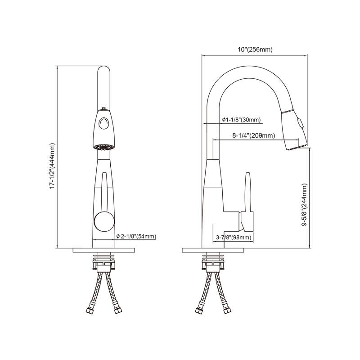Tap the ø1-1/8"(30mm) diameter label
pyautogui.click(x=241, y=120)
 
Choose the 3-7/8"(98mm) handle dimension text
pyautogui.click(x=233, y=237)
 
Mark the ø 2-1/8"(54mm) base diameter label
pyautogui.click(x=136, y=236)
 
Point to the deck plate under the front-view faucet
pyautogui.click(x=104, y=250)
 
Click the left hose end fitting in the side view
pyautogui.click(x=198, y=310)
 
